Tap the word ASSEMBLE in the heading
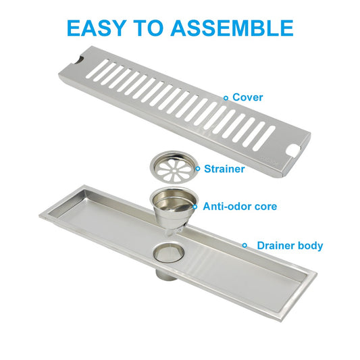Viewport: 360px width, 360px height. (x=232, y=28)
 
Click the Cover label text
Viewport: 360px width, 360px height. (x=247, y=97)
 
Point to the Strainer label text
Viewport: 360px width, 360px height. (x=224, y=169)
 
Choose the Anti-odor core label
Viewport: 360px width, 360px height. (x=240, y=207)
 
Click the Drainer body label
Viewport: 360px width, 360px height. (x=290, y=245)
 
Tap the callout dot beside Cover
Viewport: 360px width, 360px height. (x=226, y=98)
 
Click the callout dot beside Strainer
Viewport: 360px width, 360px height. (x=198, y=169)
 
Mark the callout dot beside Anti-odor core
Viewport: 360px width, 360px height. (x=195, y=207)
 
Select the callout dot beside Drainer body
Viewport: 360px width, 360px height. (x=245, y=245)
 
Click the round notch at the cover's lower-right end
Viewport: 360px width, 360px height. (x=292, y=150)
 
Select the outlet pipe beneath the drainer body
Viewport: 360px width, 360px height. (x=167, y=274)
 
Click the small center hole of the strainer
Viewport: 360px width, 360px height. (x=175, y=171)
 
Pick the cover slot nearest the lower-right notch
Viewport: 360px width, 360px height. (x=264, y=138)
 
